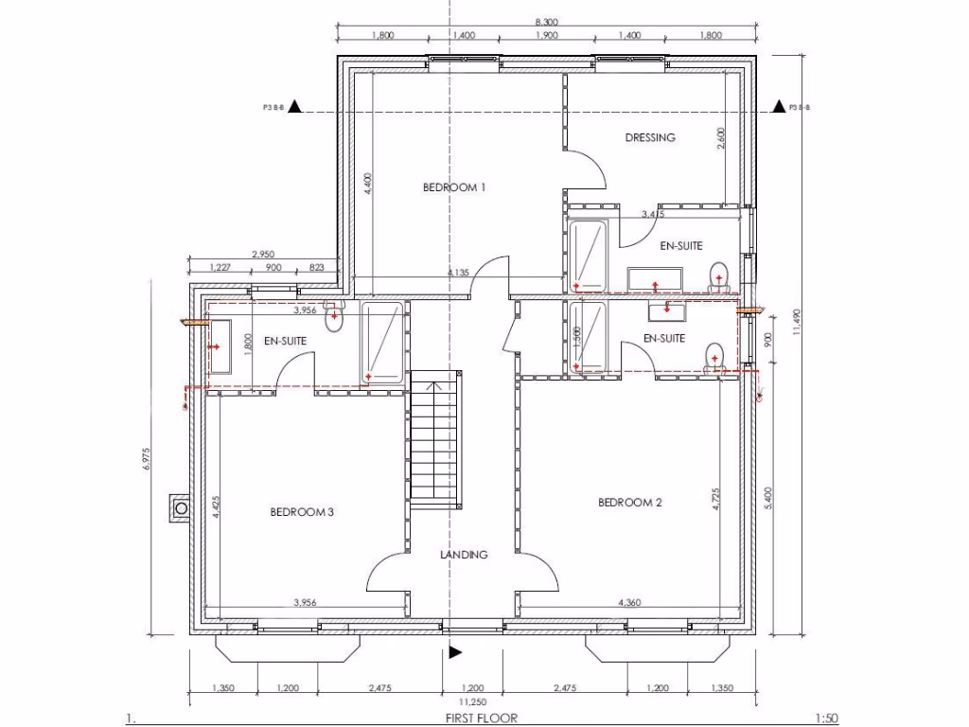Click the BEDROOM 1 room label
point(454,187)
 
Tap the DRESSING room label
point(650,137)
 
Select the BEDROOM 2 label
point(629,503)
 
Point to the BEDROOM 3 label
point(302,512)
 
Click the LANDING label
point(464,555)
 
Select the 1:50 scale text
point(825,718)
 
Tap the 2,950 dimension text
point(264,254)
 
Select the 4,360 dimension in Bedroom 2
point(631,602)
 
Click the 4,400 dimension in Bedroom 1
point(369,183)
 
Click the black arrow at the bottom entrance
point(455,651)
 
